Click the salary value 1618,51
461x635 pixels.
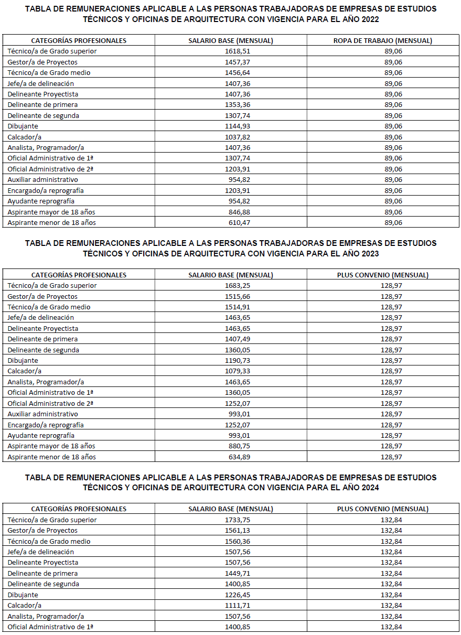(x=231, y=51)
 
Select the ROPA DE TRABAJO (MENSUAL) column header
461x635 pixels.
(x=383, y=40)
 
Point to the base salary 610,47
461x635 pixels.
(x=231, y=223)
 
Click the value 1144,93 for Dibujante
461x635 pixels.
(x=231, y=126)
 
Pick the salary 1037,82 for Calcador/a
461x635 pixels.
(x=231, y=137)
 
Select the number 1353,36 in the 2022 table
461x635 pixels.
(x=231, y=105)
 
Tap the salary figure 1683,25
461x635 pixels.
(x=231, y=286)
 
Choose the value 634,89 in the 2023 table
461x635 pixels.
(x=231, y=457)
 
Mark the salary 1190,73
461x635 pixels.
(x=231, y=361)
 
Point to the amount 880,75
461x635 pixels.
(x=231, y=446)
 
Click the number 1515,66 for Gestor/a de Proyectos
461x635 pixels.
(x=231, y=297)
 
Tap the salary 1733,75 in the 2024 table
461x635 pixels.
(x=231, y=520)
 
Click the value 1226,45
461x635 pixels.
(x=231, y=595)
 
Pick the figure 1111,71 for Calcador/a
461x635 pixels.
(x=231, y=606)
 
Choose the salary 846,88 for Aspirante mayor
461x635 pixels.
(x=231, y=212)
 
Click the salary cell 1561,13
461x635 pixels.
(x=231, y=531)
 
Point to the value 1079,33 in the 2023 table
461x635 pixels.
(x=231, y=371)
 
